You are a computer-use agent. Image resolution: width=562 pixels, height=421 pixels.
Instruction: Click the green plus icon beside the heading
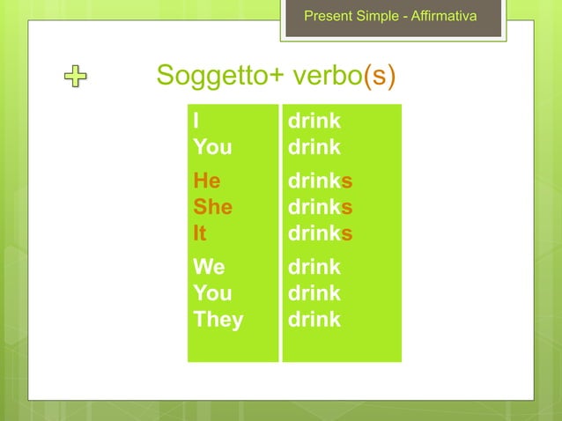tap(77, 78)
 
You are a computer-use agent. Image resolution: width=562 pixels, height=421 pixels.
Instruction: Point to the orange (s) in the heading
tap(379, 77)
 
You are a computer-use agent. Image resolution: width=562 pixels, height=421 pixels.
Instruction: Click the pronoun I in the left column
tap(196, 121)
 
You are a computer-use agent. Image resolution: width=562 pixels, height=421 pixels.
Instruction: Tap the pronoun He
tap(207, 181)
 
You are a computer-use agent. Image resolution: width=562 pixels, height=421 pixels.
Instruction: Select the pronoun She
tap(213, 207)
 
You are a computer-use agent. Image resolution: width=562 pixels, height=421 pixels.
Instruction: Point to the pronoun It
tap(200, 233)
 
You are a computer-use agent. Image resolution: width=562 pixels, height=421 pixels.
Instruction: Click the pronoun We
tap(209, 266)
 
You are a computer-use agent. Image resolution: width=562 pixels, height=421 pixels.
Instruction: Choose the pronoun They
tap(218, 319)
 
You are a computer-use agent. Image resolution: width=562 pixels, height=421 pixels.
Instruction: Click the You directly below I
tap(212, 146)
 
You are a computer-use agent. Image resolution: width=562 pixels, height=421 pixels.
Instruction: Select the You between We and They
tap(212, 292)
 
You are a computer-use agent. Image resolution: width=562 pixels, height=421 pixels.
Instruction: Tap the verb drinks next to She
tap(321, 207)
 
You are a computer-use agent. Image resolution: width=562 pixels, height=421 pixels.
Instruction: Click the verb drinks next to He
tap(321, 181)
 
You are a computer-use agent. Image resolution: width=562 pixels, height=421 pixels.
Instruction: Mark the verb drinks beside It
tap(321, 233)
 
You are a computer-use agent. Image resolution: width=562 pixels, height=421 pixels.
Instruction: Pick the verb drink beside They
tap(314, 319)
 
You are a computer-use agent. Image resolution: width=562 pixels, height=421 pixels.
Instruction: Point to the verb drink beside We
tap(314, 266)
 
